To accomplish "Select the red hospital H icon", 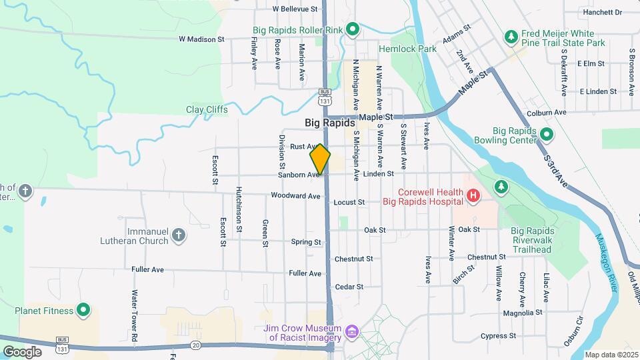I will tap(473, 196).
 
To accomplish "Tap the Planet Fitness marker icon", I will tap(83, 309).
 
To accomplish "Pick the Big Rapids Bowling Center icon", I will tap(546, 135).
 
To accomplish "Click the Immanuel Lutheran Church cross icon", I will tap(178, 235).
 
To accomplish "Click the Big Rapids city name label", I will tap(330, 123).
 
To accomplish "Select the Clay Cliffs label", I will tap(207, 109).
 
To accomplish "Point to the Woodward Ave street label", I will tap(295, 196).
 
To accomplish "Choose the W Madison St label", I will tap(201, 39).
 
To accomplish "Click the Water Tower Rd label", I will tap(134, 316).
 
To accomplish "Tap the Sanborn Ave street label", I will tap(298, 175).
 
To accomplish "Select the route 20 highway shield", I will tap(195, 344).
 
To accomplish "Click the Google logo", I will tap(22, 351).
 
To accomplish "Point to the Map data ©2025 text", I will tap(611, 355).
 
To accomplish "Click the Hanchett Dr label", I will tap(602, 12).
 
